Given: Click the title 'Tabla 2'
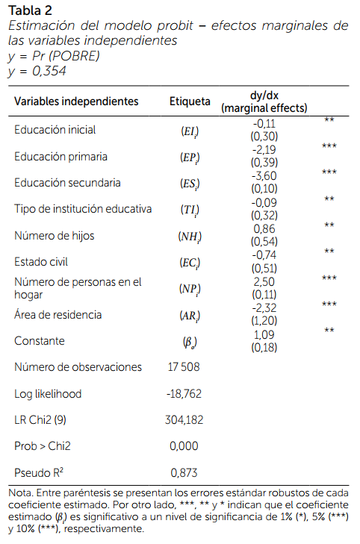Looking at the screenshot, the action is [30, 10].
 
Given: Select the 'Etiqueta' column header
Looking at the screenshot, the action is [190, 101].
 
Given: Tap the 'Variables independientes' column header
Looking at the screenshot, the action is [76, 101].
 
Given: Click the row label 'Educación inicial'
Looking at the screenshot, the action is [55, 130].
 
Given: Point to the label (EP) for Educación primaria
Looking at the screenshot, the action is [190, 157].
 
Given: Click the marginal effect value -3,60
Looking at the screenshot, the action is [264, 176].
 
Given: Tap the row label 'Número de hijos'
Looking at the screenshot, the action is [55, 236].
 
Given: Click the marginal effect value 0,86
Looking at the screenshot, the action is [264, 229].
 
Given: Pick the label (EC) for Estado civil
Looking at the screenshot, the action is [190, 263].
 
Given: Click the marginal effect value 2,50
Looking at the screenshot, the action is [264, 282].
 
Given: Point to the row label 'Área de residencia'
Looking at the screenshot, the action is [58, 314].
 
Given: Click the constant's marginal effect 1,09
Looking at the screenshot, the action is [264, 335].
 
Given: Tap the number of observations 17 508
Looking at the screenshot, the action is [184, 367].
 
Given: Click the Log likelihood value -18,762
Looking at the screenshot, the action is [184, 394].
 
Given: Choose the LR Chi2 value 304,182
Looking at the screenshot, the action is [184, 420].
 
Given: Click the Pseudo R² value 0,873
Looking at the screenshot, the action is [184, 472].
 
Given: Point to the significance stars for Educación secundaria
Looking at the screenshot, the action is [329, 172].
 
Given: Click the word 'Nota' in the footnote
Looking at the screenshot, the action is [20, 493].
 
